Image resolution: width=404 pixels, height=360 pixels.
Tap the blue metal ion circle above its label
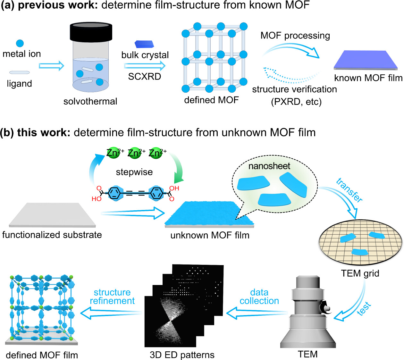[x=20, y=43]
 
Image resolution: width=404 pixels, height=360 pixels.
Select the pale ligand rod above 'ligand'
[x=20, y=72]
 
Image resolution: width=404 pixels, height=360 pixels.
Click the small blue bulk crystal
[x=144, y=44]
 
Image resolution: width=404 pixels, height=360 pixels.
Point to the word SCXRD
[x=145, y=77]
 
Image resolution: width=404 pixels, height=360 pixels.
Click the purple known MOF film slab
[x=366, y=60]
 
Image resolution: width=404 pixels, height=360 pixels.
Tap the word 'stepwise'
[x=134, y=172]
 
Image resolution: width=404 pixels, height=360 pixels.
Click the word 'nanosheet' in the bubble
[x=269, y=166]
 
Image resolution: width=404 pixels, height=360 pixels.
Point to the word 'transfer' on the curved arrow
[x=349, y=190]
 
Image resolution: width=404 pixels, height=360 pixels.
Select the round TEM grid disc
[x=360, y=243]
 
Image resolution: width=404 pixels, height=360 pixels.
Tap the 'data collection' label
[x=259, y=297]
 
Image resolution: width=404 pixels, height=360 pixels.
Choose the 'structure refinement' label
[x=112, y=297]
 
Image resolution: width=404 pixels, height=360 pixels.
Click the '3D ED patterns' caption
[x=182, y=355]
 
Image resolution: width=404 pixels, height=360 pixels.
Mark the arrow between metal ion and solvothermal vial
[x=51, y=66]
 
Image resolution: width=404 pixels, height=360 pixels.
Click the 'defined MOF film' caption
[x=42, y=355]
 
